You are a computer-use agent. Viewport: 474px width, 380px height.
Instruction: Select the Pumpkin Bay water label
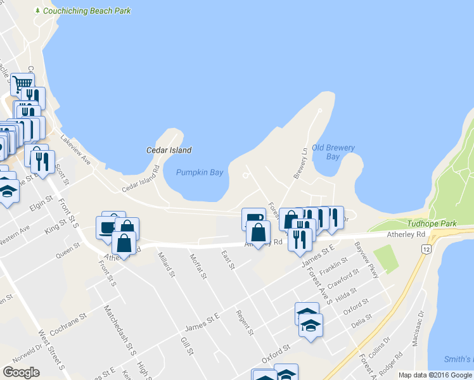(x=200, y=172)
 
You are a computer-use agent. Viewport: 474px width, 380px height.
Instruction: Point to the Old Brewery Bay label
(x=333, y=152)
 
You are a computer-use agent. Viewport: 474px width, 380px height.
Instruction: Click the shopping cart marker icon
(x=22, y=83)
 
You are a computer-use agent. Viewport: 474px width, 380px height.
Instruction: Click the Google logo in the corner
(x=22, y=372)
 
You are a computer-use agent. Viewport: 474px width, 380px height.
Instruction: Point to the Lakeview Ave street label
(x=75, y=146)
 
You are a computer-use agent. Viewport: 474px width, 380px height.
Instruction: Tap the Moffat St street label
(x=198, y=265)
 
